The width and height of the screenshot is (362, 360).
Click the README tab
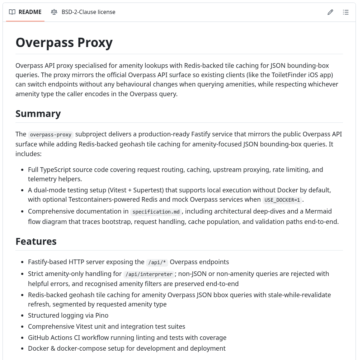(25, 12)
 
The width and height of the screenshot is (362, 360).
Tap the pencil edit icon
(330, 12)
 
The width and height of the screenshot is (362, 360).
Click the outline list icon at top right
(345, 12)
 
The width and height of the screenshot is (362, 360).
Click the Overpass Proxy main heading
(64, 42)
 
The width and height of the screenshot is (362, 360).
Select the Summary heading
(38, 113)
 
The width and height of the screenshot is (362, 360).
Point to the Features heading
(36, 241)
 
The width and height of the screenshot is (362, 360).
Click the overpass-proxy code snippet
(51, 135)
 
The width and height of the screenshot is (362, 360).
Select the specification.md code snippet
(156, 212)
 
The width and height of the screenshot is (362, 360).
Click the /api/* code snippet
(157, 263)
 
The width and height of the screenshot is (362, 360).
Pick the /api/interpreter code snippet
(149, 275)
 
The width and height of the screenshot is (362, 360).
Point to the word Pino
(101, 315)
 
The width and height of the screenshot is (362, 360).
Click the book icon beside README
(12, 12)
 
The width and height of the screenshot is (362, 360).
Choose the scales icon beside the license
(54, 12)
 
